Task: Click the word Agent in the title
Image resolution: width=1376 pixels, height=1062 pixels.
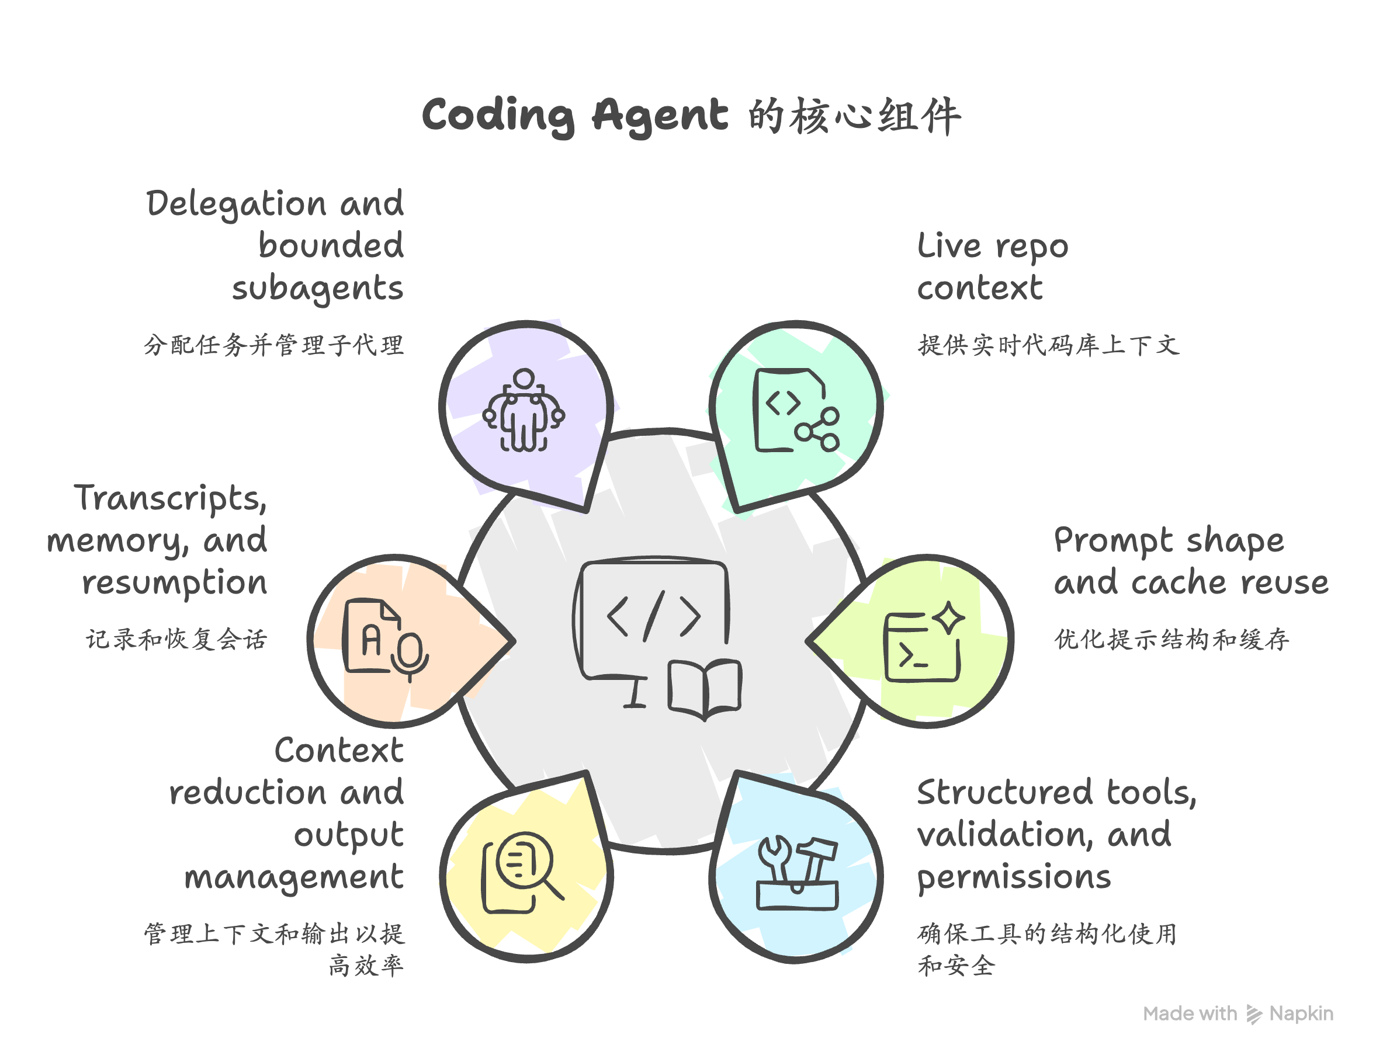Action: point(660,116)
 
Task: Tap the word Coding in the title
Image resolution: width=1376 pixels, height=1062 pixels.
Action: point(498,116)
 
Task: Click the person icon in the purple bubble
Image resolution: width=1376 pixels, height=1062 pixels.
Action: point(524,411)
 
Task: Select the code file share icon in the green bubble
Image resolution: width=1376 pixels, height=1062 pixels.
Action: point(796,411)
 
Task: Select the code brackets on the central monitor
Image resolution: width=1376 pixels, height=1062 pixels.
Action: point(653,616)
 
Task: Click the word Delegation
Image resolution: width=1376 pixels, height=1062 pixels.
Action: point(236,204)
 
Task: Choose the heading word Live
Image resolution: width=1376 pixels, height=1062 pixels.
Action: point(949,246)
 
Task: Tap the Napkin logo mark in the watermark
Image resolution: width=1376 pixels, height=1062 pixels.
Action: point(1254,1014)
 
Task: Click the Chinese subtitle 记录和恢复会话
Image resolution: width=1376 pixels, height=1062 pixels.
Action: point(176,639)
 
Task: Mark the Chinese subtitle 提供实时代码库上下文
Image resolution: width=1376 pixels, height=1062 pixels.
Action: point(1048,345)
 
